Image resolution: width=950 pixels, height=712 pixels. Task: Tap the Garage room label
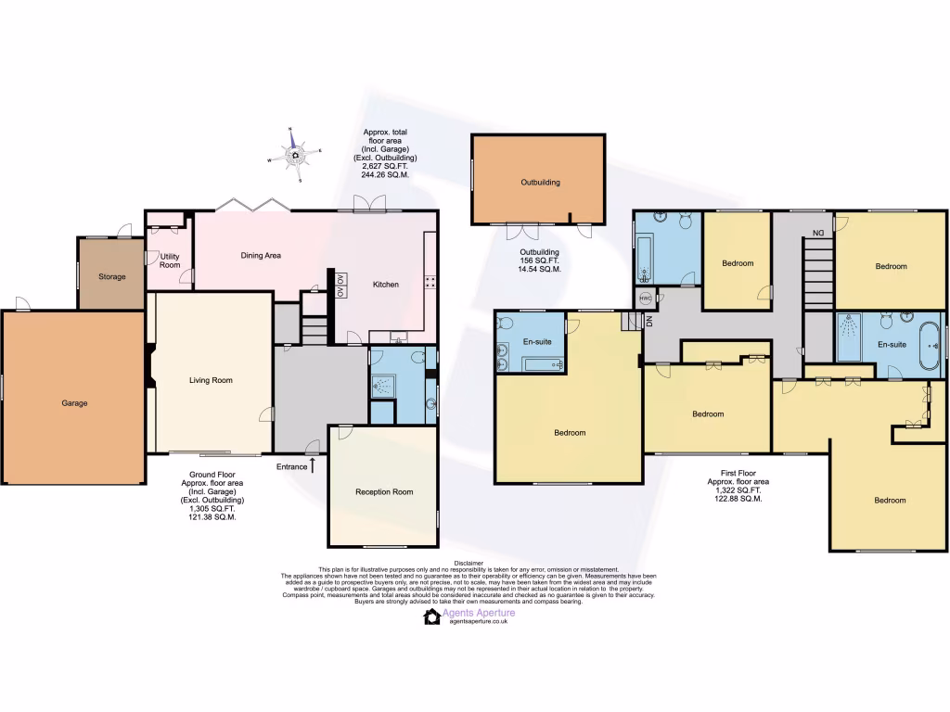point(74,403)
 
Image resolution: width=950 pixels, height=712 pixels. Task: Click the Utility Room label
point(170,261)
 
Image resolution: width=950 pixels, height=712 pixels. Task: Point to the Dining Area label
point(261,256)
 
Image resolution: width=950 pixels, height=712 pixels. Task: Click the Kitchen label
point(386,285)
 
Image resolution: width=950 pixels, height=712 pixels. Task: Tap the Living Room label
point(211,380)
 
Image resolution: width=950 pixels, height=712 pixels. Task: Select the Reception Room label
point(384,492)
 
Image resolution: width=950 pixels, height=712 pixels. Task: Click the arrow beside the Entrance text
point(313,464)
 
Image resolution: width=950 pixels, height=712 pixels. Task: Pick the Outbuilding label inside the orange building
point(539,183)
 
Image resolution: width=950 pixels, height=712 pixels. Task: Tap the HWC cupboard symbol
point(645,299)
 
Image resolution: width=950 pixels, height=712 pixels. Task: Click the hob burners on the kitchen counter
point(430,282)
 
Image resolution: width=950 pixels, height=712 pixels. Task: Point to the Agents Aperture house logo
point(431,617)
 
